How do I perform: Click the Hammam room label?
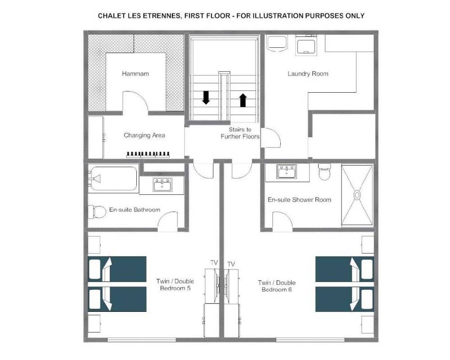(135, 74)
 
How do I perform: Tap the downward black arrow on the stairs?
(206, 98)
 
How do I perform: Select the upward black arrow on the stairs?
(243, 100)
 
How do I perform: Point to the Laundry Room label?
(308, 74)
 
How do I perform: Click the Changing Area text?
(144, 135)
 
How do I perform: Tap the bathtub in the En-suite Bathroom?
(113, 179)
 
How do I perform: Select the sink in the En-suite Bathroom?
(162, 184)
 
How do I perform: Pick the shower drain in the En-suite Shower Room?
(357, 195)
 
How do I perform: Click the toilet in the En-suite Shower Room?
(324, 172)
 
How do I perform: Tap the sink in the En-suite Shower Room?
(286, 171)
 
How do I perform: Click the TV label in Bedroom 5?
(214, 262)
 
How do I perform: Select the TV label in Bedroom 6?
(231, 264)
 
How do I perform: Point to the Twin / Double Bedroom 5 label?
(175, 284)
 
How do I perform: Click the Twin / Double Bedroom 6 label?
(277, 286)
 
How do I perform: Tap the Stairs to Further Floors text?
(240, 133)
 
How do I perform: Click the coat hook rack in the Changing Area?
(148, 154)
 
